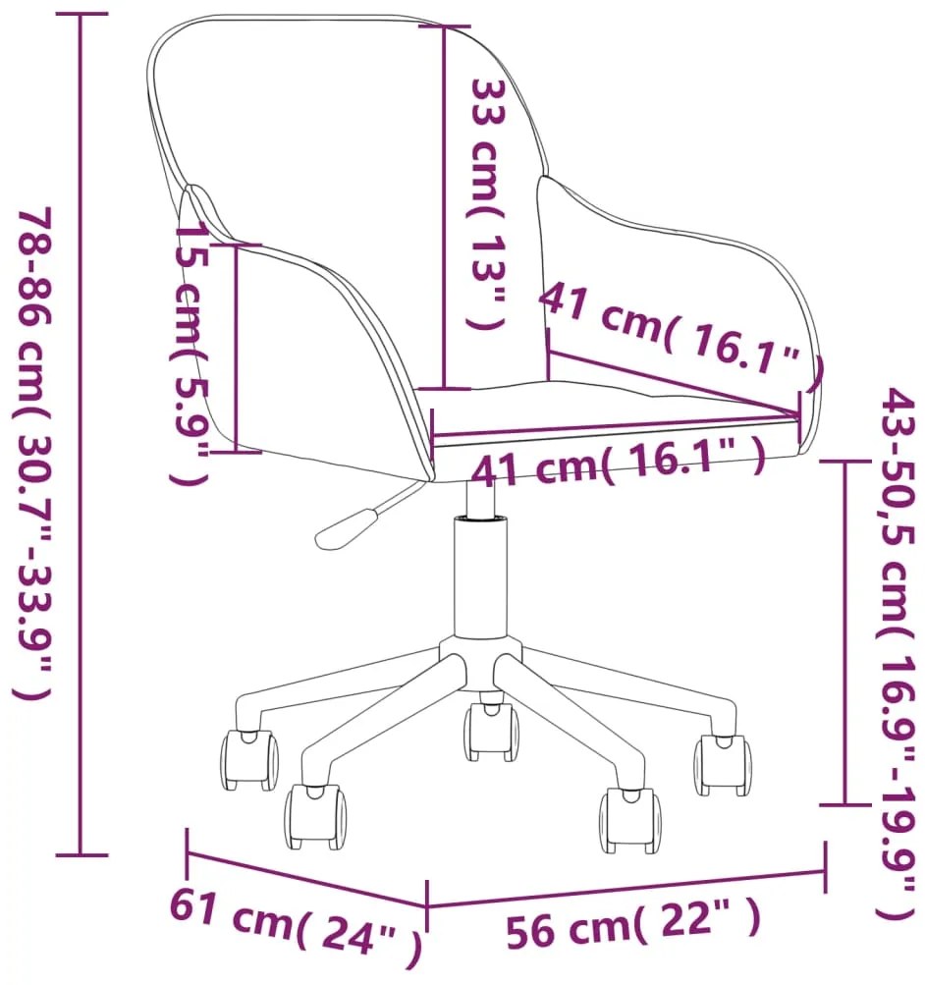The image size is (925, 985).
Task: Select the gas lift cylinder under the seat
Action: pos(480,579)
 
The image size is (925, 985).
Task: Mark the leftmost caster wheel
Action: pos(248,761)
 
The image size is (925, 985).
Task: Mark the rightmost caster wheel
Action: pos(723,765)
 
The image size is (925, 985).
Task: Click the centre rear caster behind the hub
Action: pos(491,732)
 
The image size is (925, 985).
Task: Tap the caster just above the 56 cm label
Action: pos(628,817)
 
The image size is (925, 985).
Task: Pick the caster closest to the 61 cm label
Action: pos(315,816)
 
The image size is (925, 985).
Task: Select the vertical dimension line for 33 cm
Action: pos(445,206)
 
